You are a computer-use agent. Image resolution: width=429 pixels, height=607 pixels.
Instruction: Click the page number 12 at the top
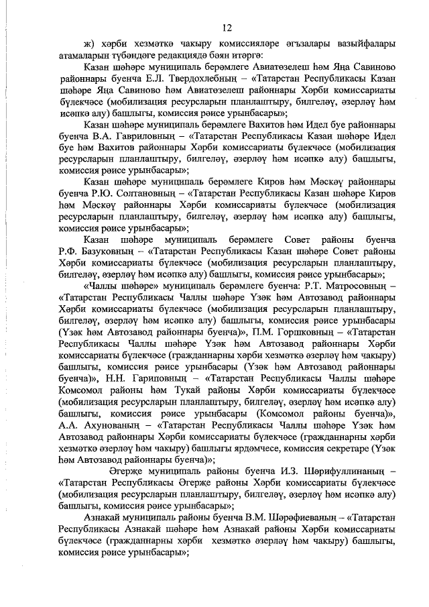pyautogui.click(x=227, y=27)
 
